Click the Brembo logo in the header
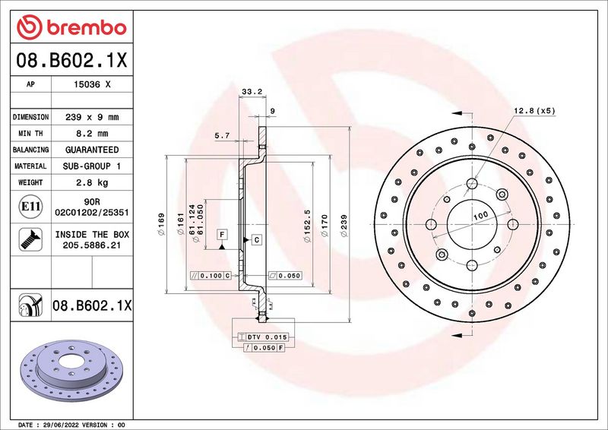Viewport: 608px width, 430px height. click(71, 27)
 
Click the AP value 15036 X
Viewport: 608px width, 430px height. click(92, 84)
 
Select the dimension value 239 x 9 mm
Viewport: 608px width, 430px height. click(92, 117)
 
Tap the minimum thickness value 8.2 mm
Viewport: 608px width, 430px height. click(92, 134)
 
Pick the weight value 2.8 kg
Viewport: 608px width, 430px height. click(92, 182)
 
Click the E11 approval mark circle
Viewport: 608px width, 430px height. click(30, 207)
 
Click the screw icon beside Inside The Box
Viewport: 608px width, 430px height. click(30, 239)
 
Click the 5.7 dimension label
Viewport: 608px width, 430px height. click(222, 135)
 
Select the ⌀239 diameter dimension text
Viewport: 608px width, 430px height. click(344, 226)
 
